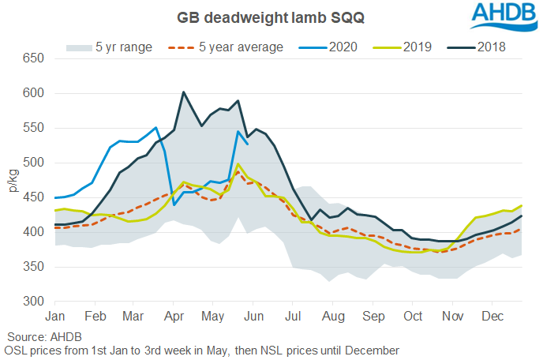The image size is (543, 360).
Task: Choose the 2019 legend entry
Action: tap(411, 47)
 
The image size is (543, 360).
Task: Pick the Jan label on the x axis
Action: tap(56, 317)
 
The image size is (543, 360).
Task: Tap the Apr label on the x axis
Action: tap(174, 317)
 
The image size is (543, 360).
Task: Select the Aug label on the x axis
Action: tap(333, 317)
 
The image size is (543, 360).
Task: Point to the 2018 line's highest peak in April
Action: tap(183, 92)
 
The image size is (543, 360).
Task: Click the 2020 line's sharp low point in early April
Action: tap(174, 204)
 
